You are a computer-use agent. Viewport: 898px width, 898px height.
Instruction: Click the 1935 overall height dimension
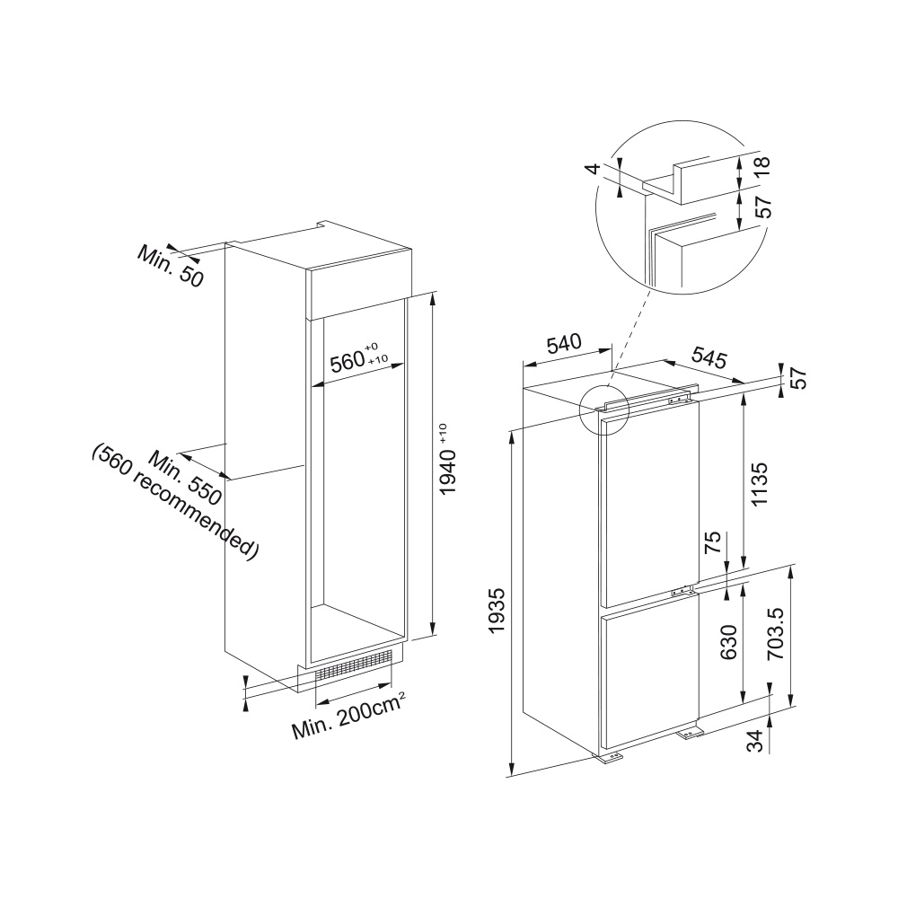click(496, 610)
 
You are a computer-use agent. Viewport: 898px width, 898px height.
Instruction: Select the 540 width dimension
click(564, 344)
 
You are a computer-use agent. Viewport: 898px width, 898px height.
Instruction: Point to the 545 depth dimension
click(709, 357)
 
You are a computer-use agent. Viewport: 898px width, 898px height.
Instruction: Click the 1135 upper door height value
click(759, 485)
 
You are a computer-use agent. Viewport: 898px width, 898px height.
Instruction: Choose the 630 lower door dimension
click(728, 642)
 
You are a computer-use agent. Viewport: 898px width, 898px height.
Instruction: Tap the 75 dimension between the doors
click(711, 541)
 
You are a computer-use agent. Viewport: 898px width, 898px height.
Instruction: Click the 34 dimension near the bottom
click(756, 741)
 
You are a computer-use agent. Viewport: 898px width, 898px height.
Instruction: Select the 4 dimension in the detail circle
click(594, 169)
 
